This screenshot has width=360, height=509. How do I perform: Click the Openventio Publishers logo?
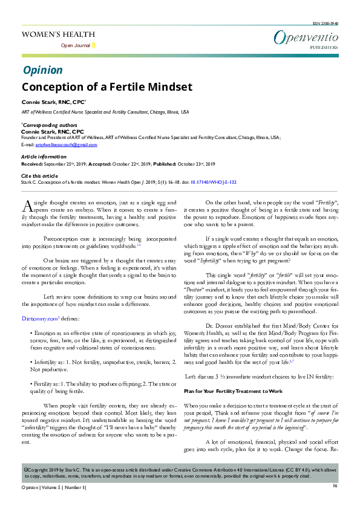[x=305, y=39]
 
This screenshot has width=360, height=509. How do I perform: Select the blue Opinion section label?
[x=42, y=70]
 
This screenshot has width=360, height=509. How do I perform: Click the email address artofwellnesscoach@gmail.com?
[x=66, y=145]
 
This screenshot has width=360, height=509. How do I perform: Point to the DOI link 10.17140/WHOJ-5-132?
[x=213, y=181]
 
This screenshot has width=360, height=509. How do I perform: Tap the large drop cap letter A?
[x=27, y=205]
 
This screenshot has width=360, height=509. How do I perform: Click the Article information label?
[x=44, y=157]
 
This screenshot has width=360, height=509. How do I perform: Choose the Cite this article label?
[x=40, y=175]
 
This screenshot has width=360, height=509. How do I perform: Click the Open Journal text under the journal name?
[x=76, y=46]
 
